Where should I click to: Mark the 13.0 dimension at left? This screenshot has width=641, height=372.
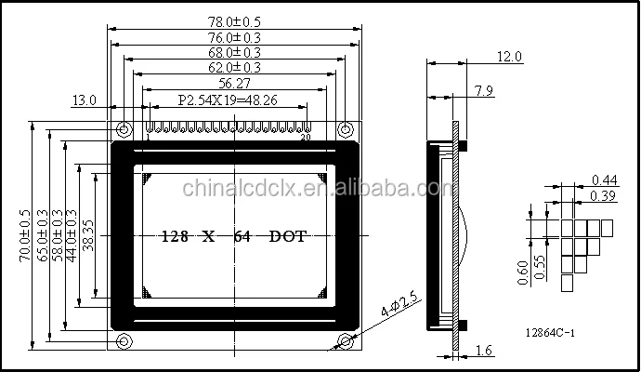coord(84,100)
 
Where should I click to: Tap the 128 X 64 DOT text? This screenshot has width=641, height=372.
coord(235,236)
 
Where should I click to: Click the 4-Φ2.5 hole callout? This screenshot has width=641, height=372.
coord(400,306)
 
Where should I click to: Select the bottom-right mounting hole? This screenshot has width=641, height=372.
coord(346,339)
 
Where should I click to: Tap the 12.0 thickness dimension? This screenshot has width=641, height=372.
coord(509,57)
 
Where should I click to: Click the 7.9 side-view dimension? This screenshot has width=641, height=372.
coord(483,90)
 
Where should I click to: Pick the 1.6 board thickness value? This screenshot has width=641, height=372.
coord(483,351)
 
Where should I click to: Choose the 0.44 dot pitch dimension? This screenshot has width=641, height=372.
coord(606,179)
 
